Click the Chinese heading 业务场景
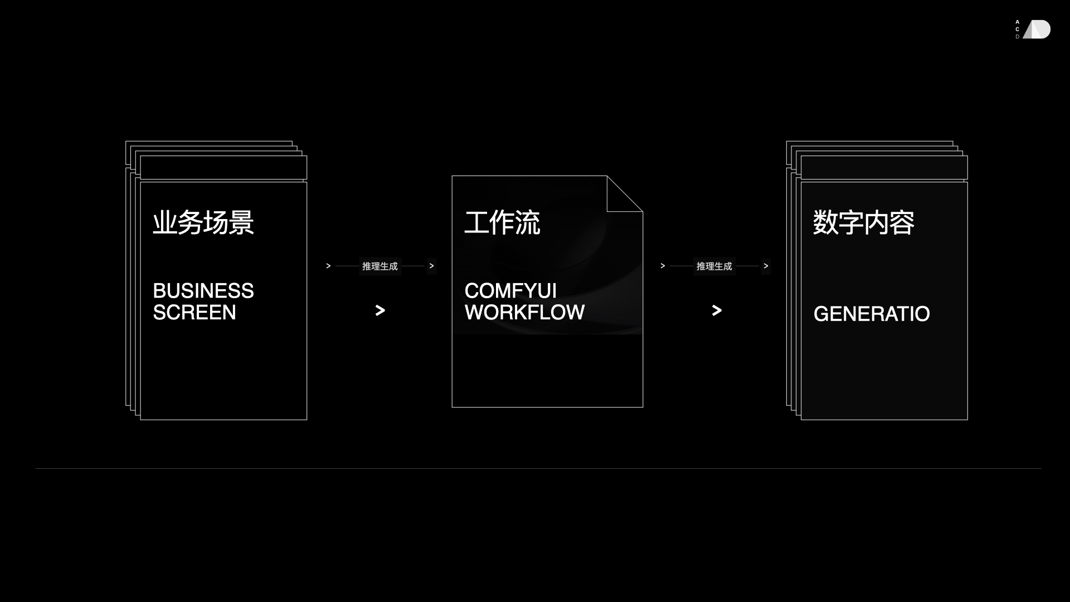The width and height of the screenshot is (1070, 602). click(x=203, y=222)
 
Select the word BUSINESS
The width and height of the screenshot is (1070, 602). click(x=203, y=291)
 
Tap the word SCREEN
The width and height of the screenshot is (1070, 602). click(x=194, y=313)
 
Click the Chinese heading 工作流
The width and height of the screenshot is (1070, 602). click(x=502, y=222)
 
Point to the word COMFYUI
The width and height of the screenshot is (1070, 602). click(x=510, y=291)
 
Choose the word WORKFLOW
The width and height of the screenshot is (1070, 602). click(x=524, y=313)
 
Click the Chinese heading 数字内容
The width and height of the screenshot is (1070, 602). click(x=864, y=222)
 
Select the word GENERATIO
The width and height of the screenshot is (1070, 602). click(x=872, y=314)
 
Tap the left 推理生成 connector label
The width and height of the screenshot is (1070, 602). click(x=380, y=266)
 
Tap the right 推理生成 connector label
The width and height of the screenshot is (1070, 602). click(x=714, y=266)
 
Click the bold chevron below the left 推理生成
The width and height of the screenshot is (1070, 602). click(x=380, y=310)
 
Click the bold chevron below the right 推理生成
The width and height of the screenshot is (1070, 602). click(x=717, y=310)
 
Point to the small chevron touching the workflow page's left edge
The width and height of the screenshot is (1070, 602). click(x=431, y=266)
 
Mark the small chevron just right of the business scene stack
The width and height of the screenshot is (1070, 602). click(x=328, y=266)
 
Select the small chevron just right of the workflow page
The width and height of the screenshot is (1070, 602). click(x=663, y=266)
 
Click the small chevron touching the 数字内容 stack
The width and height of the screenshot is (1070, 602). click(x=766, y=266)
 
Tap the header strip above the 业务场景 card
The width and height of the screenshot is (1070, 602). click(x=223, y=167)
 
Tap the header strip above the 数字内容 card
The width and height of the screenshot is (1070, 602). click(x=884, y=167)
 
